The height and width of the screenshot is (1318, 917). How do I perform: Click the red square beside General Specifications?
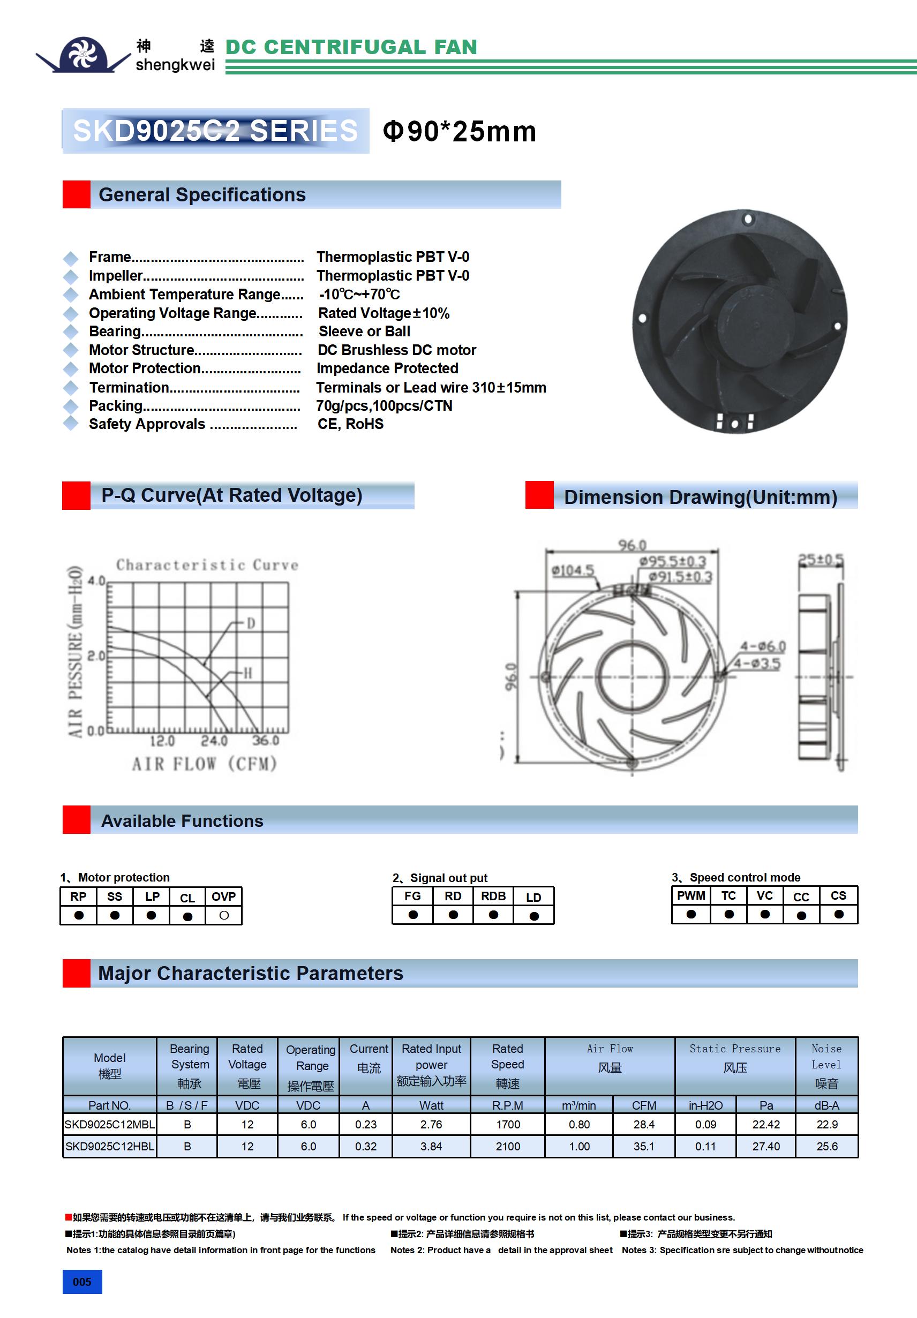[x=77, y=194]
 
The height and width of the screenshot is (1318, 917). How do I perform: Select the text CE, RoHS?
[x=350, y=424]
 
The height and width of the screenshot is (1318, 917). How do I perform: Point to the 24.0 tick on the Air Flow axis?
[x=214, y=741]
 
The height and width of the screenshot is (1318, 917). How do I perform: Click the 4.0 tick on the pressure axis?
[x=96, y=581]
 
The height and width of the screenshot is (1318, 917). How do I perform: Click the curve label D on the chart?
[x=250, y=623]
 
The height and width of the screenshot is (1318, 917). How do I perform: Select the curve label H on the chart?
[x=247, y=673]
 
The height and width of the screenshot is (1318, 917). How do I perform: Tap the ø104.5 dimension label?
[x=573, y=570]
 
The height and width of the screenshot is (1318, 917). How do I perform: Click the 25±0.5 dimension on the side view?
[x=821, y=560]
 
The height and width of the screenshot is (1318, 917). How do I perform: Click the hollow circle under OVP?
[x=224, y=916]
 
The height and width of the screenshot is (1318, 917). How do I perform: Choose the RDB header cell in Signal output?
[x=493, y=896]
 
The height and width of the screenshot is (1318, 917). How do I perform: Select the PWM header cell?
[x=691, y=895]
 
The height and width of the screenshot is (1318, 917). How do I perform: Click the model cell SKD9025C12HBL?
[x=110, y=1147]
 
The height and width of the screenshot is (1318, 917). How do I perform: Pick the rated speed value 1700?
[x=508, y=1125]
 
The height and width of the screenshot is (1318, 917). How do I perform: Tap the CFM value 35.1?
[x=644, y=1147]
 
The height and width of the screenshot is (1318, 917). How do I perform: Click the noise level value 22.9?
[x=827, y=1125]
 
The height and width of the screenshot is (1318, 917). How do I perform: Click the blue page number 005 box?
[x=82, y=1282]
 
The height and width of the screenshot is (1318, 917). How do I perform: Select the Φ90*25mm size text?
[x=460, y=131]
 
